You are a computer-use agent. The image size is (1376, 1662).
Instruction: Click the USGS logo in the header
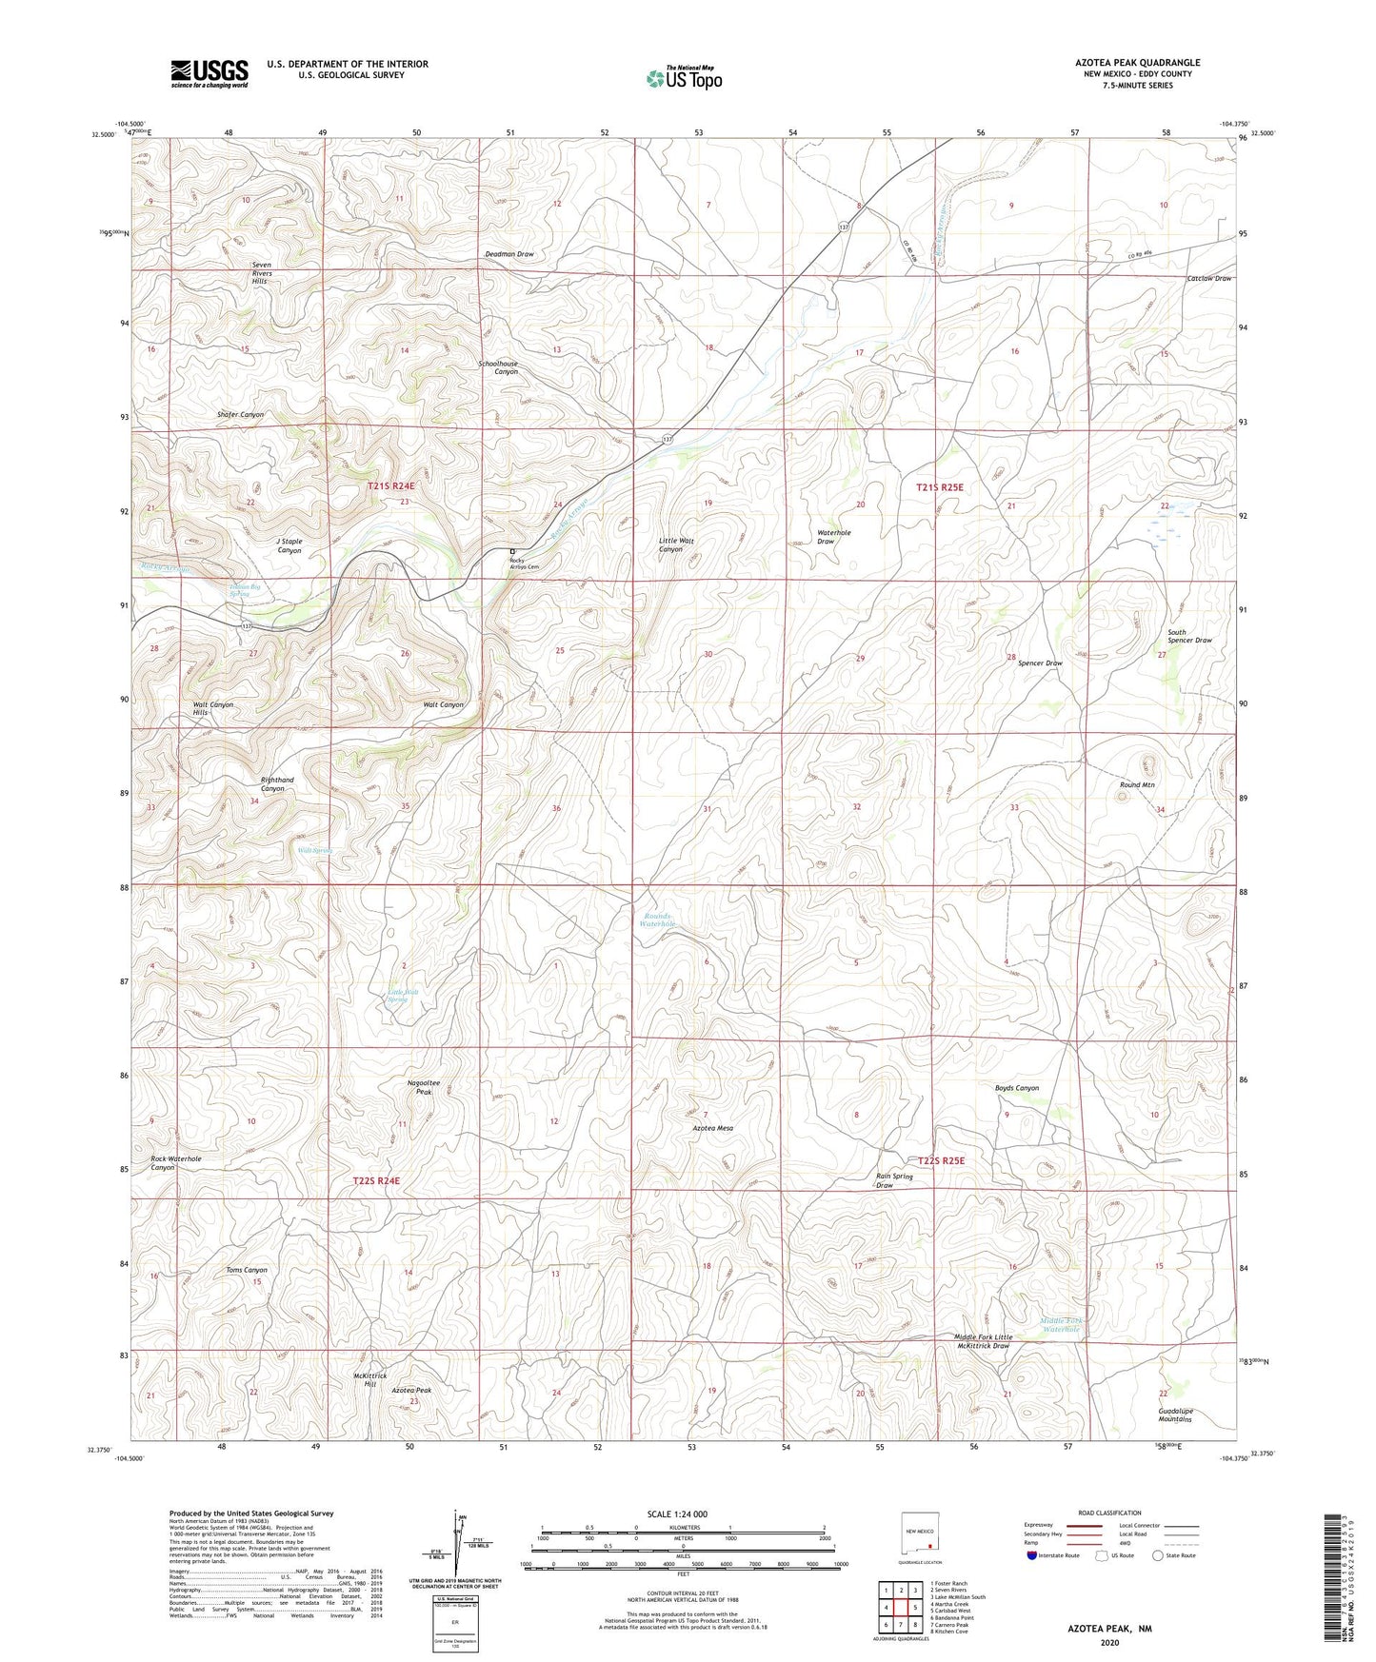(209, 73)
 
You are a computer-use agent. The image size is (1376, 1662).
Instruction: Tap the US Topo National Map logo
(683, 78)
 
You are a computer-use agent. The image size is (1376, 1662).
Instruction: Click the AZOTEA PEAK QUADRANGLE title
(1124, 63)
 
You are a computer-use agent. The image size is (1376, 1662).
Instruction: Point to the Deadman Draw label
(509, 255)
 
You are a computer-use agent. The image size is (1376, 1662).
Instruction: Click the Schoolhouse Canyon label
(498, 367)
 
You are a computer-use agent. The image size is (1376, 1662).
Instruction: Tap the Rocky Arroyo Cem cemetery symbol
(512, 551)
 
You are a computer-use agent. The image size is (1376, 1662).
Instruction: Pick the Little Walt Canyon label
(676, 544)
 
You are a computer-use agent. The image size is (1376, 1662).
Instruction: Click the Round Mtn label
(1137, 785)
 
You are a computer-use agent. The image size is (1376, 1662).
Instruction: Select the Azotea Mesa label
(712, 1128)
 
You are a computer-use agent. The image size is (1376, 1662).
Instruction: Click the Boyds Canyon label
(1017, 1088)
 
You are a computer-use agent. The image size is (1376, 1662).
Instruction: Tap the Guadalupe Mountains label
(1176, 1415)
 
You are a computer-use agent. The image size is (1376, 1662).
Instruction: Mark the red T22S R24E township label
(376, 1180)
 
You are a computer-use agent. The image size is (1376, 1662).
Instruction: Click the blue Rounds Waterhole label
(657, 920)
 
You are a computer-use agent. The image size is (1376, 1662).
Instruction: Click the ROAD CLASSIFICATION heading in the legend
(1109, 1513)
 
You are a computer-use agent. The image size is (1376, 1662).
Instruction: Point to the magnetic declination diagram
(464, 1547)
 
